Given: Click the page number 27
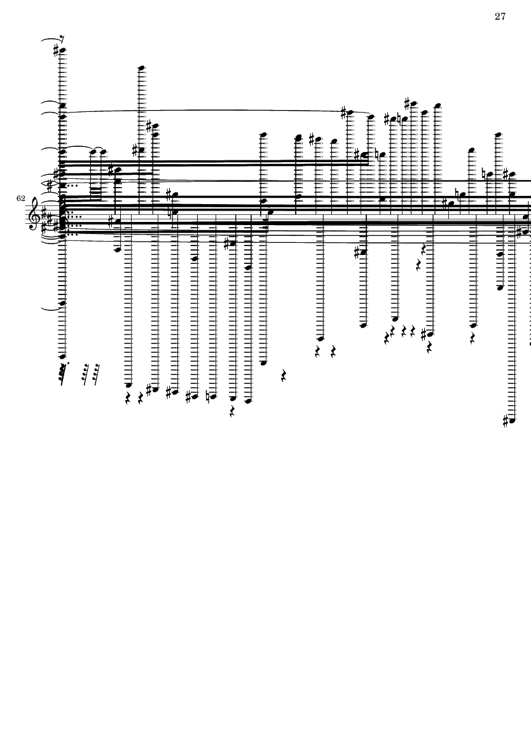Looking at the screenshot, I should [x=500, y=17].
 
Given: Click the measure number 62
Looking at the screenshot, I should [x=21, y=199].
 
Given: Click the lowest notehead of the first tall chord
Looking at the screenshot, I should [x=62, y=357].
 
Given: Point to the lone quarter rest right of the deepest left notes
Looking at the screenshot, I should [x=284, y=376].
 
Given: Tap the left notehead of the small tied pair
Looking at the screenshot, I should [x=93, y=152].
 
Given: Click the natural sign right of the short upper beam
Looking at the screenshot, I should [x=379, y=154].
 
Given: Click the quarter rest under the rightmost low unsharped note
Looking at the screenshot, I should [x=472, y=339].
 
